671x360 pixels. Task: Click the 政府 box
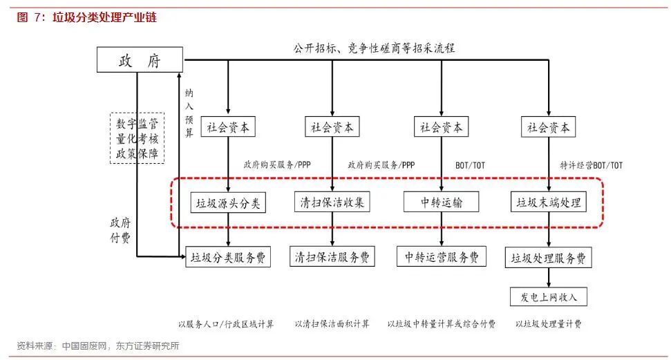coord(139,61)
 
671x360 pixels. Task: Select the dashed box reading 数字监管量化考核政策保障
coord(137,138)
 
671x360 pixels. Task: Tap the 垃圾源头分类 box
coord(227,202)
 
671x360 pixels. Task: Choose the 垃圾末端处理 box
coord(549,202)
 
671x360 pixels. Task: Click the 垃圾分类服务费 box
coord(227,257)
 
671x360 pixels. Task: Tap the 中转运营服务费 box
coord(442,257)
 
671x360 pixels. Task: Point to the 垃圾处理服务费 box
coord(549,258)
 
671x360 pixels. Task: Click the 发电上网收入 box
coord(549,297)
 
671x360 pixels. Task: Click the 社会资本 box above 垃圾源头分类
coord(228,127)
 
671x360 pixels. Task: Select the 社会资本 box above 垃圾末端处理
coord(549,127)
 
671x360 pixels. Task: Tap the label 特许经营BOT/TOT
coord(591,165)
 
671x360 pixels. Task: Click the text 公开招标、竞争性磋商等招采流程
coord(374,48)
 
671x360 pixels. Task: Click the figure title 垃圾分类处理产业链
coord(104,17)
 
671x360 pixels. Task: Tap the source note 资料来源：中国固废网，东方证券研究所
coord(98,346)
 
